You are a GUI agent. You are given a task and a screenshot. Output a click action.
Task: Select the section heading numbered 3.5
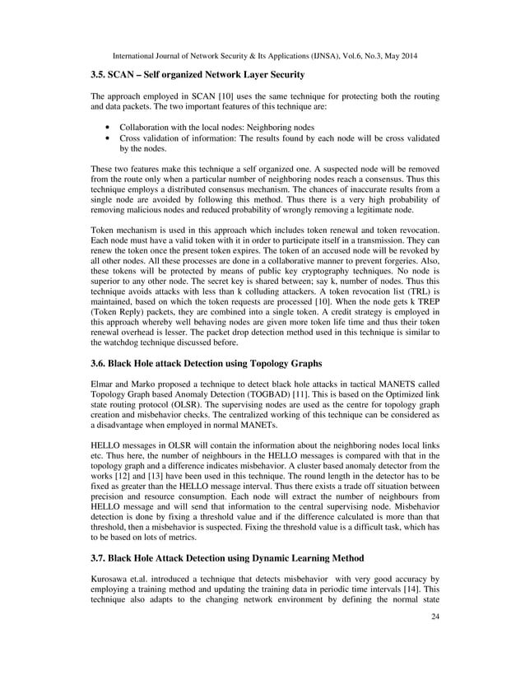pos(197,76)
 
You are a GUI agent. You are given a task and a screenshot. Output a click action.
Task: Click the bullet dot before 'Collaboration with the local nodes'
pos(109,128)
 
